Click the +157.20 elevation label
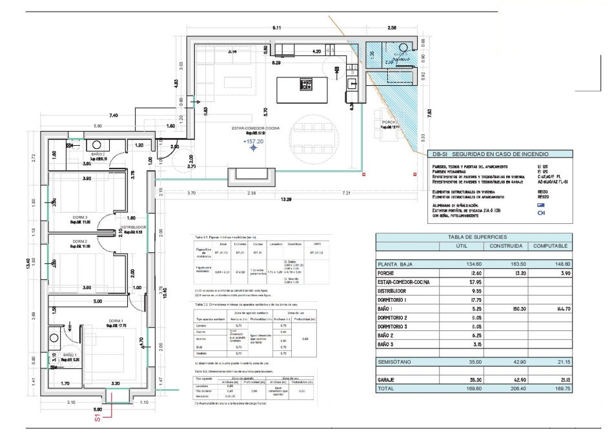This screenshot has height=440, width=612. tap(253, 141)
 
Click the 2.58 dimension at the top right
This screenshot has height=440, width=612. tap(392, 28)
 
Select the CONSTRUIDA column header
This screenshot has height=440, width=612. tap(505, 246)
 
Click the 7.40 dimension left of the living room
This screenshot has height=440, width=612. tap(114, 115)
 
